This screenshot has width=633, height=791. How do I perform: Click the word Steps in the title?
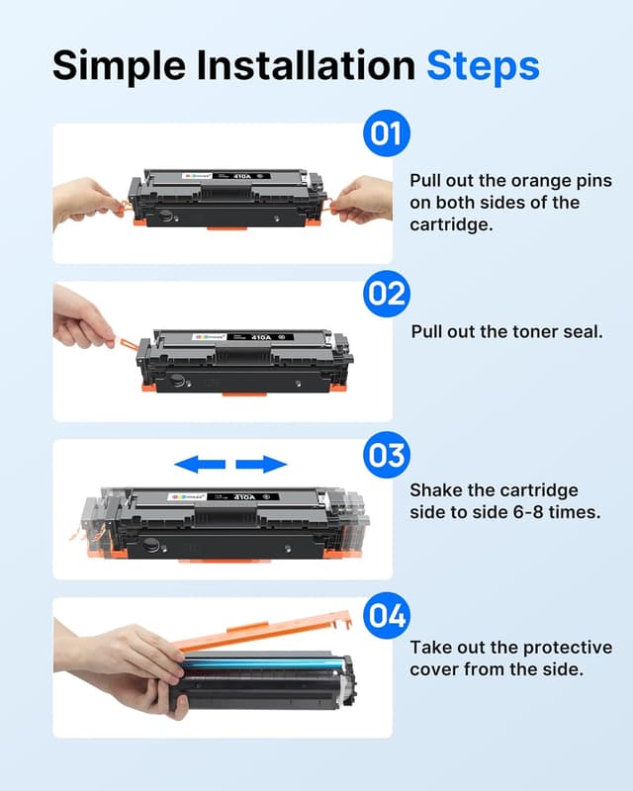pos(483,65)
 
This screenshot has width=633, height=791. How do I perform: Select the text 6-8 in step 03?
pos(531,513)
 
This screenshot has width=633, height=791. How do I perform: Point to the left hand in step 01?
pos(89,198)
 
